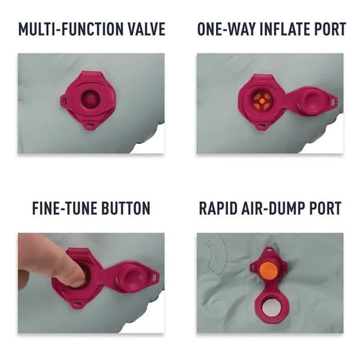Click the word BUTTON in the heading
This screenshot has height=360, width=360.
[x=126, y=208]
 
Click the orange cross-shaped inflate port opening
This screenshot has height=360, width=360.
[x=262, y=101]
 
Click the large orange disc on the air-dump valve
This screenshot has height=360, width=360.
[x=268, y=270]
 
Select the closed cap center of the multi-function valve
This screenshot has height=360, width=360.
[x=91, y=100]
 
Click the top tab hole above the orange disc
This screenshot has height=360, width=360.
[x=269, y=250]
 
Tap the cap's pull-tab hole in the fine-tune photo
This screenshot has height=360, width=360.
[x=155, y=276]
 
